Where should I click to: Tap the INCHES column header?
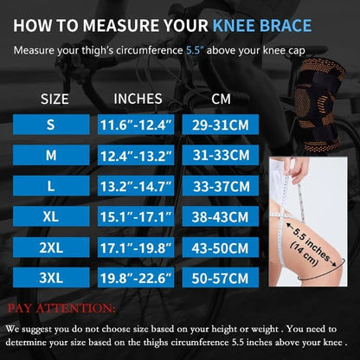138,98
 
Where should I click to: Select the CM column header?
221,98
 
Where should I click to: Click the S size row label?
50,125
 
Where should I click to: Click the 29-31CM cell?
221,125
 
